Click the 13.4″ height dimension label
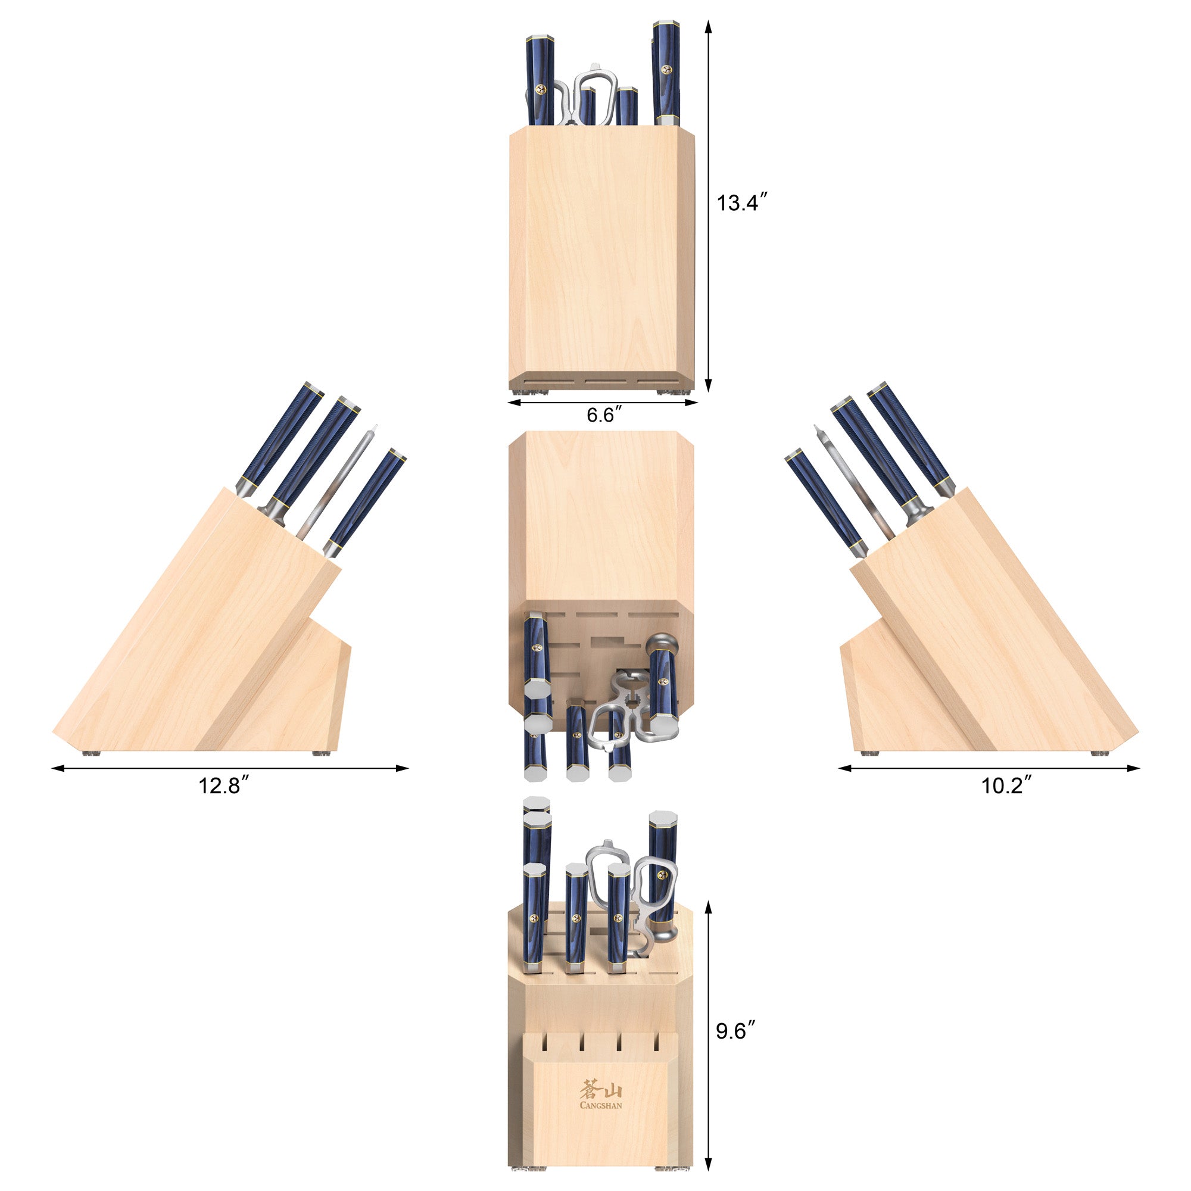741,203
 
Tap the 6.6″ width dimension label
600,416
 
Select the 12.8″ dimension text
223,786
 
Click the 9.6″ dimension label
735,1031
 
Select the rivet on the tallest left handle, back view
541,90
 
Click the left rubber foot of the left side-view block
91,753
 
